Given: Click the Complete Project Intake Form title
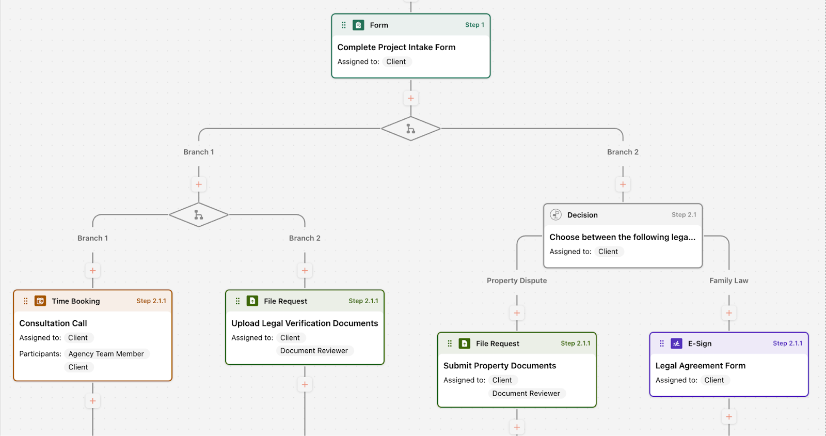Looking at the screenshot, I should (x=396, y=47).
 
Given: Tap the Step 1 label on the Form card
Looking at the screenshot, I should (x=474, y=25).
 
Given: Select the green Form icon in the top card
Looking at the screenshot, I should (x=358, y=25).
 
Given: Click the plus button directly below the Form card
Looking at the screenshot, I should (x=411, y=98).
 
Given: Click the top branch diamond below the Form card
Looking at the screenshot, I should (x=411, y=129).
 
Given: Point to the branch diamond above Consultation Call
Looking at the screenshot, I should (x=199, y=215).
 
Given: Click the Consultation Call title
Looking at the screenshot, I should (x=53, y=323).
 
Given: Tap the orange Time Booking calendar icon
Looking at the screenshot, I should (x=40, y=301).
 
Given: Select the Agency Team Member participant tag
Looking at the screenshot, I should (x=106, y=354).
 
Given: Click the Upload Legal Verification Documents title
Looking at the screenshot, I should (x=305, y=323).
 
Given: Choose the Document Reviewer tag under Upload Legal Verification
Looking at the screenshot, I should (x=314, y=351).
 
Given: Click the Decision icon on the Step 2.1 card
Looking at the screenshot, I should (x=555, y=215).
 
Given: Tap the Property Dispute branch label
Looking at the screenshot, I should (x=517, y=281).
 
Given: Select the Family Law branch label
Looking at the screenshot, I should (x=728, y=281).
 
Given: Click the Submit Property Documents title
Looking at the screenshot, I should (x=499, y=366).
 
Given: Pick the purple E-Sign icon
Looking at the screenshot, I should (x=676, y=344).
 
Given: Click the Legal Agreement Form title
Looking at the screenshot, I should (x=700, y=366).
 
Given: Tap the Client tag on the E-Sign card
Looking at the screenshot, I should (x=714, y=380).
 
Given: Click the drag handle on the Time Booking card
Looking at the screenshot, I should (x=25, y=301).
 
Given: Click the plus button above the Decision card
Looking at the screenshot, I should (x=623, y=184).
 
